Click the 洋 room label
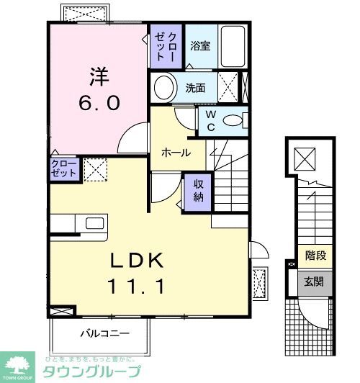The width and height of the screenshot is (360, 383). (x=98, y=76)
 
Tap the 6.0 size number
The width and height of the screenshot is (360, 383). (x=99, y=102)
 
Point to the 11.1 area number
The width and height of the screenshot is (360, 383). (x=137, y=287)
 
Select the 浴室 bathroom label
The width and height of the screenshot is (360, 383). (x=200, y=45)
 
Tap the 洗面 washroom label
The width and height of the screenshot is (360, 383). (x=195, y=89)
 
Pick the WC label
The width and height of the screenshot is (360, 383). (x=211, y=120)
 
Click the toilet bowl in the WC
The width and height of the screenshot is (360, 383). (x=233, y=121)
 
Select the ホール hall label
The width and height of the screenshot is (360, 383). (x=176, y=153)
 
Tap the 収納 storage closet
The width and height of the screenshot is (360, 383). (x=197, y=191)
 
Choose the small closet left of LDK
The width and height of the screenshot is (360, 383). (x=63, y=168)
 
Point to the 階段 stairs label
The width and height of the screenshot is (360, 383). (x=315, y=254)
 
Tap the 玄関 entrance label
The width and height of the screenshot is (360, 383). (x=314, y=281)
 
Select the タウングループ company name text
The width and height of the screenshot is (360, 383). (x=92, y=372)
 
